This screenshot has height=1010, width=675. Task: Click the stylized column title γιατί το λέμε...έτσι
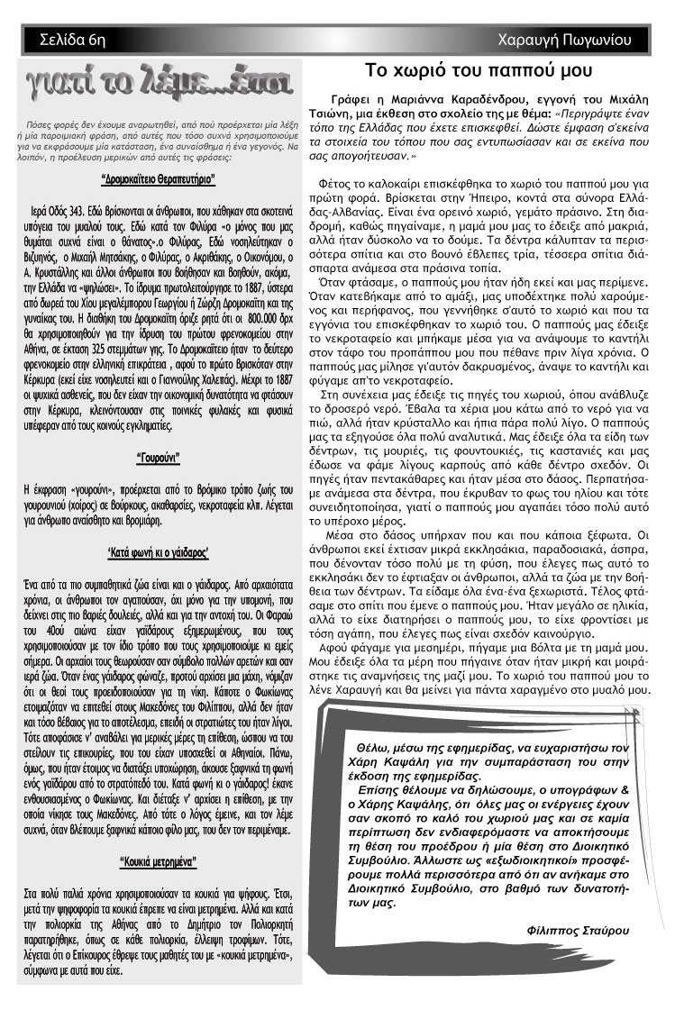pyautogui.click(x=158, y=88)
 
